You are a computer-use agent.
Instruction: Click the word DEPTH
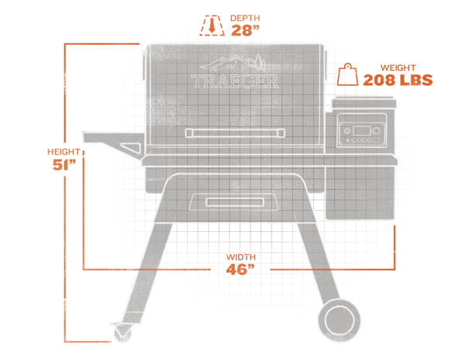[x=245, y=18]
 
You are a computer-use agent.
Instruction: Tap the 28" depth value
[x=245, y=30]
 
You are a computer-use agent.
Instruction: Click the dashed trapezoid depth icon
[x=212, y=26]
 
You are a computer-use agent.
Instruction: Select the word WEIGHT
[x=398, y=68]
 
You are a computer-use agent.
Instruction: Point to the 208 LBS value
[x=397, y=80]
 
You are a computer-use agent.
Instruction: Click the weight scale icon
[x=348, y=74]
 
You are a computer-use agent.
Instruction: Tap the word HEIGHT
[x=63, y=152]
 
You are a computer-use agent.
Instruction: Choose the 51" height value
[x=63, y=165]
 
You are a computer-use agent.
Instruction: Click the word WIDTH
[x=241, y=257]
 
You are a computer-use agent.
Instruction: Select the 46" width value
[x=241, y=269]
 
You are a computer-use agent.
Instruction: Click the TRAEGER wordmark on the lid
[x=234, y=81]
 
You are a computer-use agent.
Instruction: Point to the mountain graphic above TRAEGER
[x=233, y=63]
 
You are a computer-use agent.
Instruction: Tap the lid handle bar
[x=235, y=133]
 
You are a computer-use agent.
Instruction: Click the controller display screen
[x=362, y=131]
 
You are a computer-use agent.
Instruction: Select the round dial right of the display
[x=376, y=131]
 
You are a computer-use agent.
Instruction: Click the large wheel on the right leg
[x=339, y=320]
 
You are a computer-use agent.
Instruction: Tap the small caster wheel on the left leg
[x=123, y=332]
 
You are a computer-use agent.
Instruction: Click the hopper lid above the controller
[x=364, y=103]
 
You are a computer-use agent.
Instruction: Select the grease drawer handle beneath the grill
[x=235, y=203]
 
